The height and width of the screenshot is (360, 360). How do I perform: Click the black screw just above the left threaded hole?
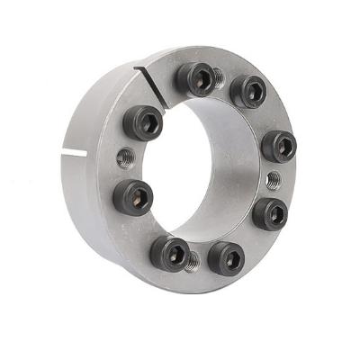143,121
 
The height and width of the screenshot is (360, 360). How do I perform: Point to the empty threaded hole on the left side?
125,158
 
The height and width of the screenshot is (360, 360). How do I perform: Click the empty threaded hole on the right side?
274,180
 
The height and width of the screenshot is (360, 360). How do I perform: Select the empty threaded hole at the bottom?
192,261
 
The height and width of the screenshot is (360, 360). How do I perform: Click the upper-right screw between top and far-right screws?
247,91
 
